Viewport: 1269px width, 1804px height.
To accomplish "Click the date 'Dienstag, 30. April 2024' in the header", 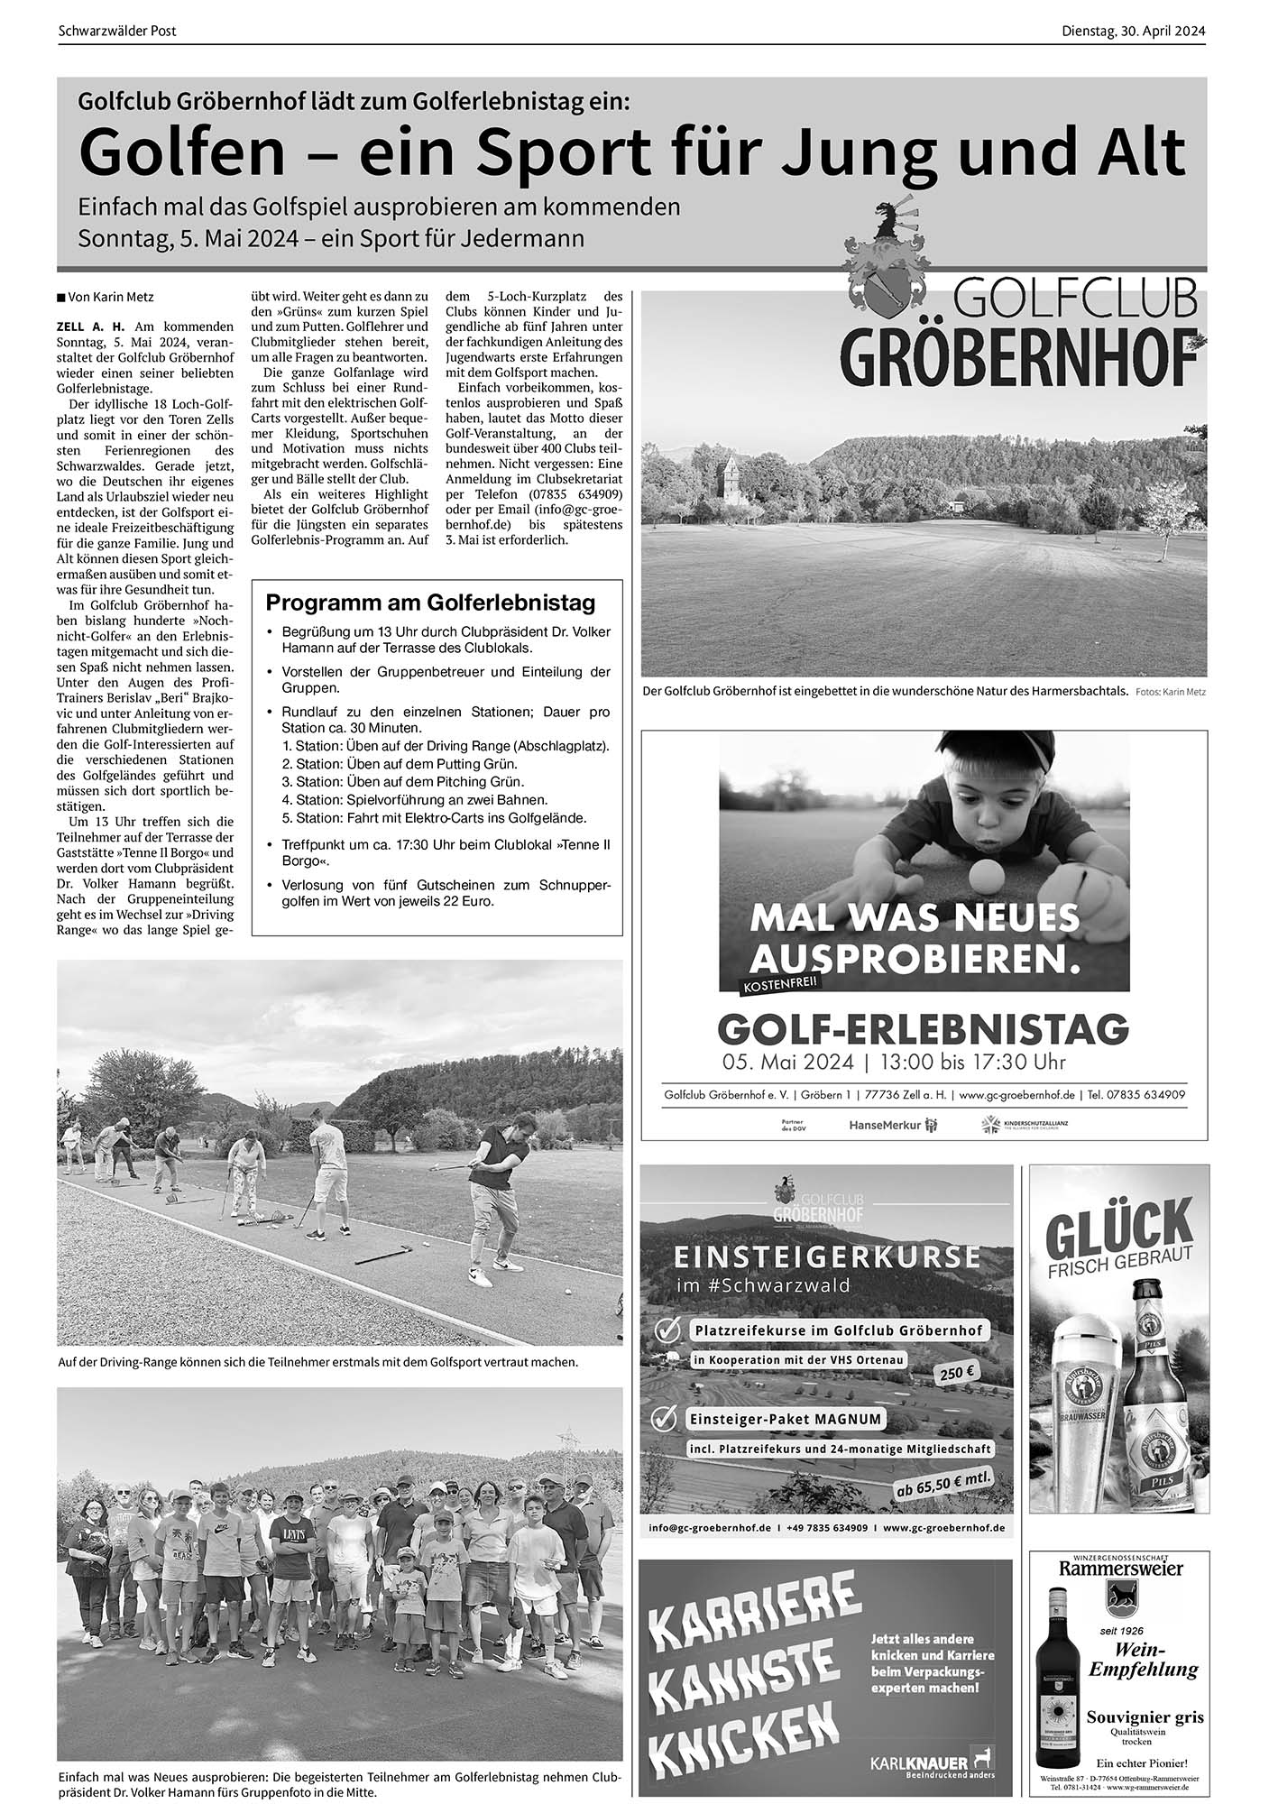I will pos(1133,31).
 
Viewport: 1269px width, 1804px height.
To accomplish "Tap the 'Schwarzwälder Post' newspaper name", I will pos(116,31).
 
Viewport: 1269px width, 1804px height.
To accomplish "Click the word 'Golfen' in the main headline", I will pos(181,153).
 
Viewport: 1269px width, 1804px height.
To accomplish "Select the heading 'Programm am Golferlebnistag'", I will pos(430,603).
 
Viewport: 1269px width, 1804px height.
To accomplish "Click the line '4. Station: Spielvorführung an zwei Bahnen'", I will pos(415,800).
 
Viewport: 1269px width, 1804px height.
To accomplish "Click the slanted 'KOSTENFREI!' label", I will pos(778,984).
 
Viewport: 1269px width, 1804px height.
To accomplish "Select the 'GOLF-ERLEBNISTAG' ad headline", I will pos(923,1027).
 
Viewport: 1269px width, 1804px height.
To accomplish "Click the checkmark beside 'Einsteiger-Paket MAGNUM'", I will pos(665,1419).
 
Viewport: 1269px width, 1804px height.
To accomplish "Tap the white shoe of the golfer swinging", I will pos(480,1276).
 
